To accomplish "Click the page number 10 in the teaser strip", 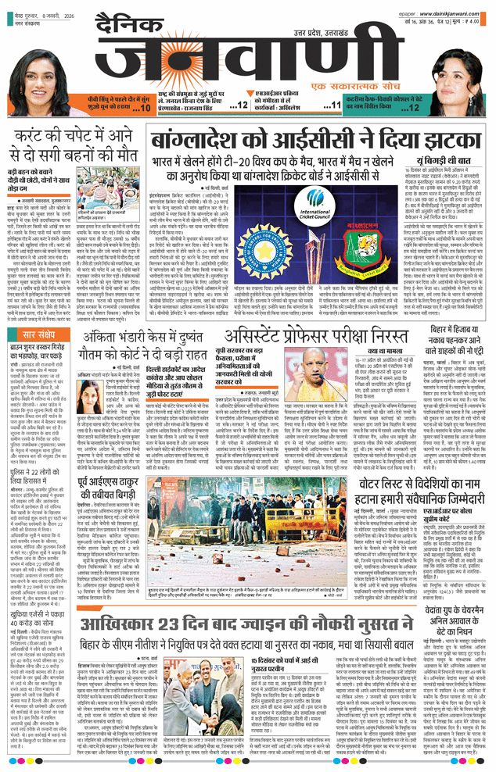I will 142,106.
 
